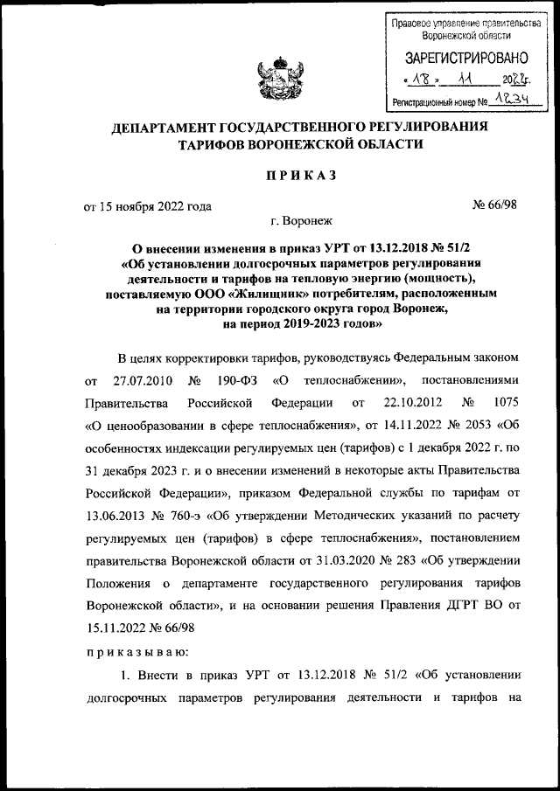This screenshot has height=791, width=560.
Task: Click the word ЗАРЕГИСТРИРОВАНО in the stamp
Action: tap(465, 59)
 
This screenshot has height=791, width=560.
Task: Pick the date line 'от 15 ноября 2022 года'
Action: tap(146, 207)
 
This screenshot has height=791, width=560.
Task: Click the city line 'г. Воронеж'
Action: tap(295, 224)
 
